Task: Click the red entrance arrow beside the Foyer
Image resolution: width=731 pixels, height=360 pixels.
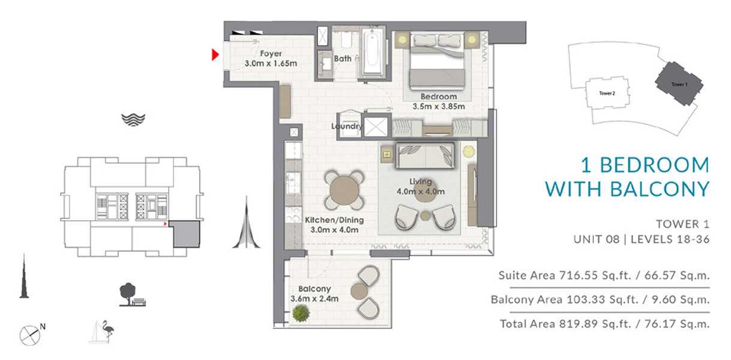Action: [215, 55]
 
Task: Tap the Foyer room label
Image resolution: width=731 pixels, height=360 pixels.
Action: [271, 53]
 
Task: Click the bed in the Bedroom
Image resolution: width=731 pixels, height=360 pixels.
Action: [437, 61]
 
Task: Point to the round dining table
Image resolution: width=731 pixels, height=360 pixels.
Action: [344, 190]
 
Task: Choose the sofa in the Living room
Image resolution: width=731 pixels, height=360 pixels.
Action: [426, 155]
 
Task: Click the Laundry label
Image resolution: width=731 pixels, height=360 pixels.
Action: [346, 127]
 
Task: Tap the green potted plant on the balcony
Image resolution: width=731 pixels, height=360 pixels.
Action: [300, 313]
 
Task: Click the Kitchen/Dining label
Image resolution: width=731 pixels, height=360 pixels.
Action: [334, 220]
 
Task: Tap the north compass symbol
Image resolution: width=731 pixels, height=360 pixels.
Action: [30, 335]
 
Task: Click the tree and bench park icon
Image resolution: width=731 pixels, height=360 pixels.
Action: [132, 295]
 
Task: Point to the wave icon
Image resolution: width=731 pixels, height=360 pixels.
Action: [133, 120]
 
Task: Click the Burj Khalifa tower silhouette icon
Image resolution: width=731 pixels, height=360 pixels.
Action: [24, 276]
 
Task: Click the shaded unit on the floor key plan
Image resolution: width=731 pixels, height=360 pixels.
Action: [185, 233]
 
